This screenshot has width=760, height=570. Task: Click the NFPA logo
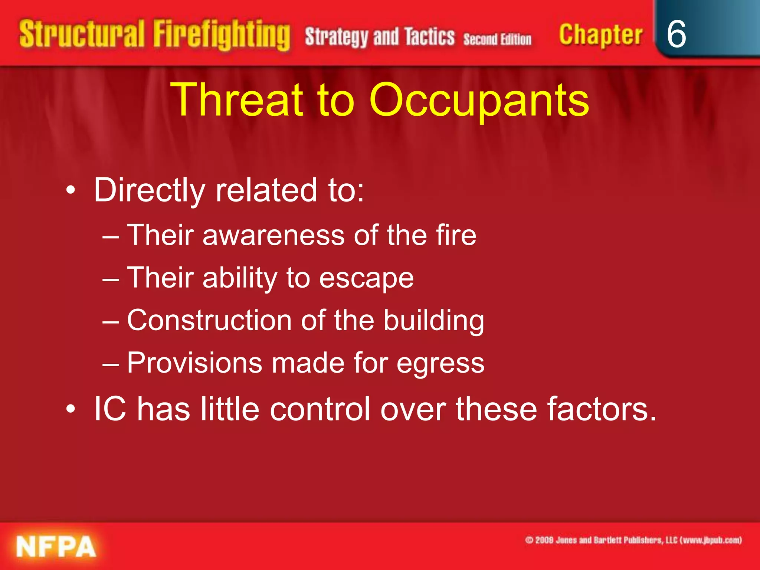point(56,547)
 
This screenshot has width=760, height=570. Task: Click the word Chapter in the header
point(600,35)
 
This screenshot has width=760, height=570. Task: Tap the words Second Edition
point(497,39)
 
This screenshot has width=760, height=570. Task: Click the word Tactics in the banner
point(429,36)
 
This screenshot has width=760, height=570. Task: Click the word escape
point(366,278)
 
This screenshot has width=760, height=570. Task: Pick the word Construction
point(209,320)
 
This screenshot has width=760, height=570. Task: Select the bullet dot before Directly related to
point(71,191)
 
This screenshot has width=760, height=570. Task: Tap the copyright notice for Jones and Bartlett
point(633,540)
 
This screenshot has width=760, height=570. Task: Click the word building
point(433,321)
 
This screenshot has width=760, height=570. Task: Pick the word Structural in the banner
point(82,34)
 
